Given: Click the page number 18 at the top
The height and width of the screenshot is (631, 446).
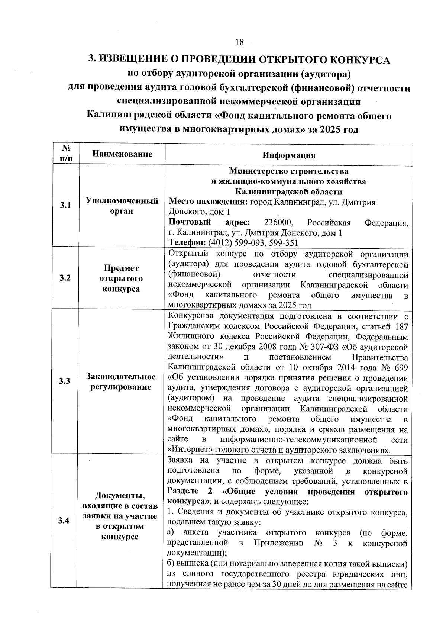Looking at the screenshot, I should (x=239, y=42).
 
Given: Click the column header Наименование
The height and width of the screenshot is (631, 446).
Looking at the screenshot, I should (x=122, y=154).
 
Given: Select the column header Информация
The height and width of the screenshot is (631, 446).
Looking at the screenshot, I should (x=289, y=155).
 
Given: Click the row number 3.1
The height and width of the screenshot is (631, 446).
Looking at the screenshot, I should (x=65, y=206).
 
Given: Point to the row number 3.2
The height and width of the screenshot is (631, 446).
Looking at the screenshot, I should (x=65, y=278).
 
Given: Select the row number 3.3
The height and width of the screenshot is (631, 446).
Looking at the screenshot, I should (x=65, y=382).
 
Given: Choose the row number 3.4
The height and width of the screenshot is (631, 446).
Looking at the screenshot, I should (x=65, y=521).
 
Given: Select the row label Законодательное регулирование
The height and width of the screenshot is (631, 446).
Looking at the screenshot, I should (x=121, y=382).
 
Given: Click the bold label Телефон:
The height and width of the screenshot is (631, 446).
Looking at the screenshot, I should (x=187, y=243).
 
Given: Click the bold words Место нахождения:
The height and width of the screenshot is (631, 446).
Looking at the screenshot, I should (x=208, y=202).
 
